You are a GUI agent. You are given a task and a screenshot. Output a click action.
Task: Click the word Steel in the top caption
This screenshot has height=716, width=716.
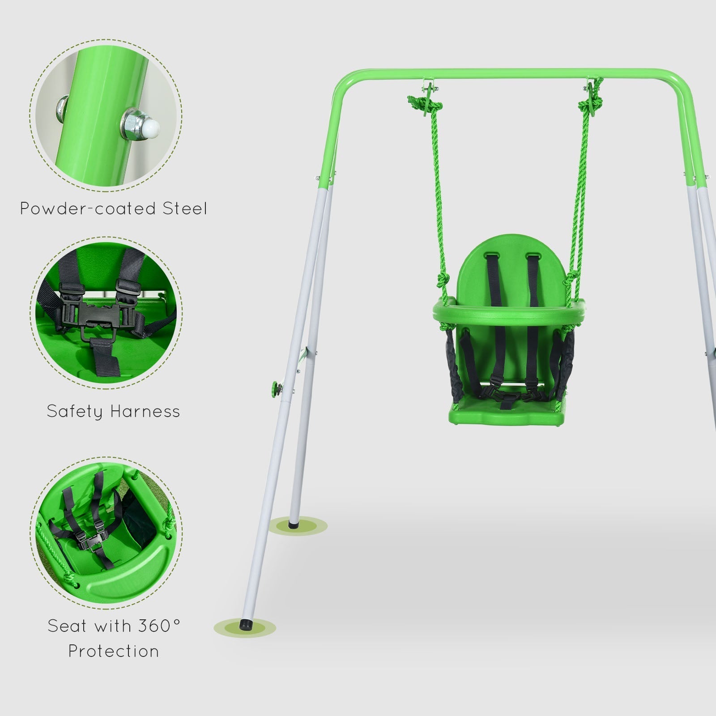(x=184, y=209)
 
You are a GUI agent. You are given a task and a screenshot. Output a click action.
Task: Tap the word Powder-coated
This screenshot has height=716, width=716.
(x=88, y=209)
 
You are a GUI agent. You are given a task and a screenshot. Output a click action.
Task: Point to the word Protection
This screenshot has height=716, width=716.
(x=114, y=651)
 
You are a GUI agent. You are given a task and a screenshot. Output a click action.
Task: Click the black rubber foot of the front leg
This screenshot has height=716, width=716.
(x=246, y=622)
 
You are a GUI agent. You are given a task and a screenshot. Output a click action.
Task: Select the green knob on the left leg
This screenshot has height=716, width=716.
(x=273, y=386)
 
